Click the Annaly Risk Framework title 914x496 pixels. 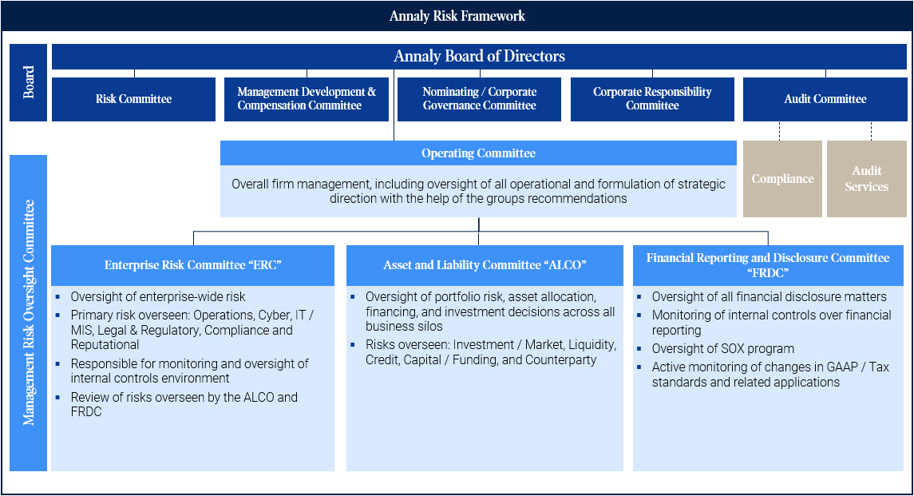pyautogui.click(x=457, y=16)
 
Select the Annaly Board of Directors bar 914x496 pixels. pyautogui.click(x=479, y=56)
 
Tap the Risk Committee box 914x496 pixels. pyautogui.click(x=133, y=99)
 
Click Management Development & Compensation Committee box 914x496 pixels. pyautogui.click(x=307, y=99)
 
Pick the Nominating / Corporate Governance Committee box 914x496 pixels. pyautogui.click(x=480, y=99)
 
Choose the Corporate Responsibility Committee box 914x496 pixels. pyautogui.click(x=652, y=99)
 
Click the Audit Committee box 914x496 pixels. pyautogui.click(x=825, y=99)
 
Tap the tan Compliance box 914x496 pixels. pyautogui.click(x=782, y=179)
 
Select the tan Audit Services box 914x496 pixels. pyautogui.click(x=866, y=179)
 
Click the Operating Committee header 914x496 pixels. pyautogui.click(x=478, y=153)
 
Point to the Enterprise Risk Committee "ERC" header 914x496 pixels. pyautogui.click(x=192, y=265)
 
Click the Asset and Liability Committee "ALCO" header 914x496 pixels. pyautogui.click(x=485, y=265)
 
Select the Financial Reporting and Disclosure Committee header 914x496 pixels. pyautogui.click(x=768, y=265)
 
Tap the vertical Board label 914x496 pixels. pyautogui.click(x=29, y=82)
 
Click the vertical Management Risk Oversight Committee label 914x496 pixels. pyautogui.click(x=29, y=312)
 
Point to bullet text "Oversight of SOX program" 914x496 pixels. pyautogui.click(x=722, y=349)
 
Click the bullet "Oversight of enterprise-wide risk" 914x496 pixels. pyautogui.click(x=158, y=297)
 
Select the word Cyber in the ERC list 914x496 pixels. pyautogui.click(x=275, y=315)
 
